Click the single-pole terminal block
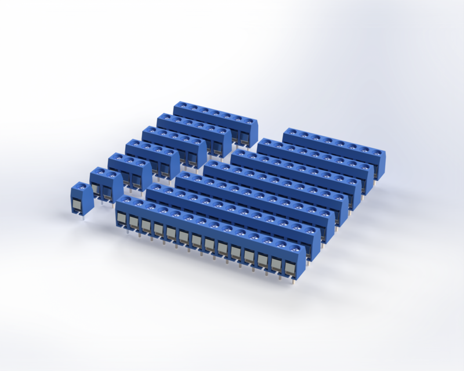pyautogui.click(x=82, y=198)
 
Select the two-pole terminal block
pyautogui.click(x=106, y=184)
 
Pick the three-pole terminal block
pyautogui.click(x=129, y=170)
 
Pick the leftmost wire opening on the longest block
pyautogui.click(x=121, y=219)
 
